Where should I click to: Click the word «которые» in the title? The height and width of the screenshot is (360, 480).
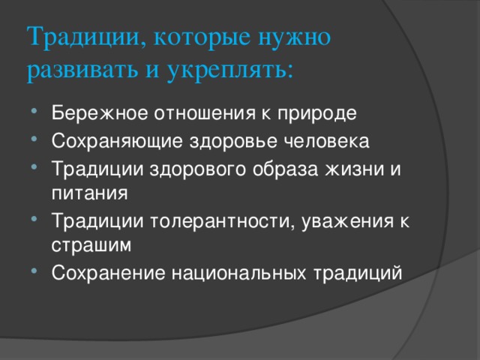(x=202, y=37)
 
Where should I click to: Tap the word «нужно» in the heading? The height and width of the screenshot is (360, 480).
(x=295, y=37)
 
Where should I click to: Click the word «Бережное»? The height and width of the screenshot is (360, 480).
(x=100, y=113)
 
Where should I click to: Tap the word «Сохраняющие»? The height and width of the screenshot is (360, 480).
(x=117, y=142)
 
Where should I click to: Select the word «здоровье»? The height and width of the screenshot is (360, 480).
(x=233, y=142)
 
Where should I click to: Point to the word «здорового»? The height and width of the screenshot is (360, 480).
(x=197, y=169)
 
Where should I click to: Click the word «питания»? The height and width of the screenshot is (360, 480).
(x=89, y=193)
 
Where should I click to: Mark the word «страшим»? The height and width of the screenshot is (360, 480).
(x=91, y=246)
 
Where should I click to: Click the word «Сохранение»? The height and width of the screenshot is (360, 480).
(x=108, y=272)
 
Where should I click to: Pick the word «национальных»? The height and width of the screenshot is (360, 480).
(x=238, y=273)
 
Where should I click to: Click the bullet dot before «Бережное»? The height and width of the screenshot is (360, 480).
(x=34, y=110)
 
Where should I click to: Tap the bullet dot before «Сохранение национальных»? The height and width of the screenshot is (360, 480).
(x=34, y=270)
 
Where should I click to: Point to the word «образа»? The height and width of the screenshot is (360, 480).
(x=285, y=169)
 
